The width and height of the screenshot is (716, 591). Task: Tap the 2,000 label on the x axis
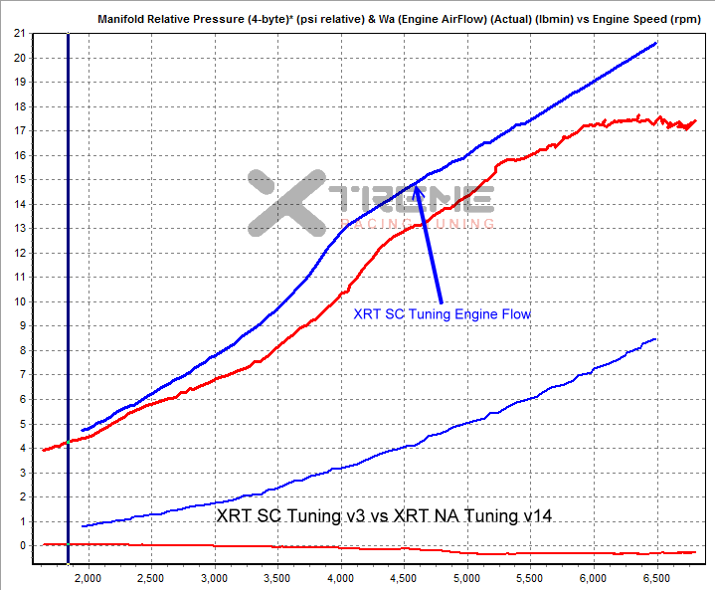(89, 577)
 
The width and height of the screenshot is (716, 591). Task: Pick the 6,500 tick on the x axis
(656, 577)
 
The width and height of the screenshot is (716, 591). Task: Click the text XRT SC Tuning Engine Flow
(443, 313)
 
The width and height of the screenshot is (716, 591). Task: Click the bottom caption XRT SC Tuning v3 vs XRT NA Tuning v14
(384, 516)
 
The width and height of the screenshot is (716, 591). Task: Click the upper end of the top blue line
(656, 43)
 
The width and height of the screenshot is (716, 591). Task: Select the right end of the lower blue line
(656, 339)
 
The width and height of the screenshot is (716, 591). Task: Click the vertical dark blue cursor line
(68, 298)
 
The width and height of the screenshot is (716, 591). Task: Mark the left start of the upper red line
(43, 450)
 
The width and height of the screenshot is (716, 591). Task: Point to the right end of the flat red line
(694, 552)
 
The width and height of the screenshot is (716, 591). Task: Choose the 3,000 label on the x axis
(215, 577)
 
